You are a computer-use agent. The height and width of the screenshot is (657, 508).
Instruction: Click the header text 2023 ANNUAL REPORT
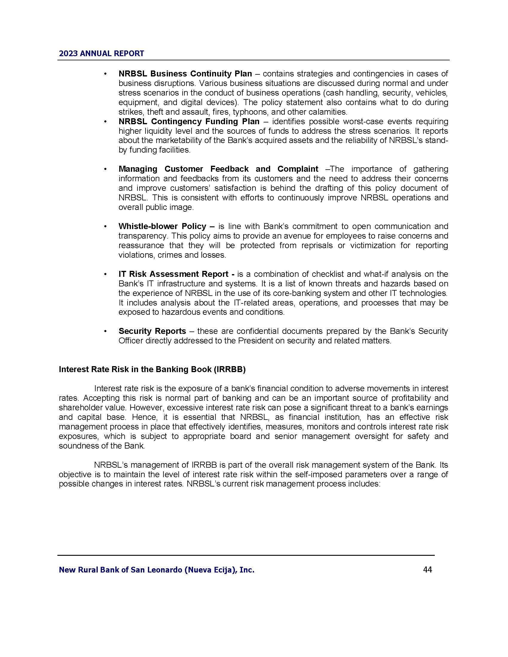[101, 53]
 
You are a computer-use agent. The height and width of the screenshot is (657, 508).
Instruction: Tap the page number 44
[427, 569]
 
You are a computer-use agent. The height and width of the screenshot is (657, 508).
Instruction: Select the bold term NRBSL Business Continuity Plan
[185, 74]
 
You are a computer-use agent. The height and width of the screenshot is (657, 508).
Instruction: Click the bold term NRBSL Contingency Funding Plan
[189, 122]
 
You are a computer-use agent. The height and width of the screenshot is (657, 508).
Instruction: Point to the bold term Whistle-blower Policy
[162, 226]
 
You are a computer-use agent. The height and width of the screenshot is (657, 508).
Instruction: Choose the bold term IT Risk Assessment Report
[173, 274]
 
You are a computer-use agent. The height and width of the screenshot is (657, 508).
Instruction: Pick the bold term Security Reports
[152, 331]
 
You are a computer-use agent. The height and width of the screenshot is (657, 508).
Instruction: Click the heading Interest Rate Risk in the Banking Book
[152, 369]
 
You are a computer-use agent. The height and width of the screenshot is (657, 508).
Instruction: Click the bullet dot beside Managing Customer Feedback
[105, 169]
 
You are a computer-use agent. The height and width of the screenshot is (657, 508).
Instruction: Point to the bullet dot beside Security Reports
[105, 331]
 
